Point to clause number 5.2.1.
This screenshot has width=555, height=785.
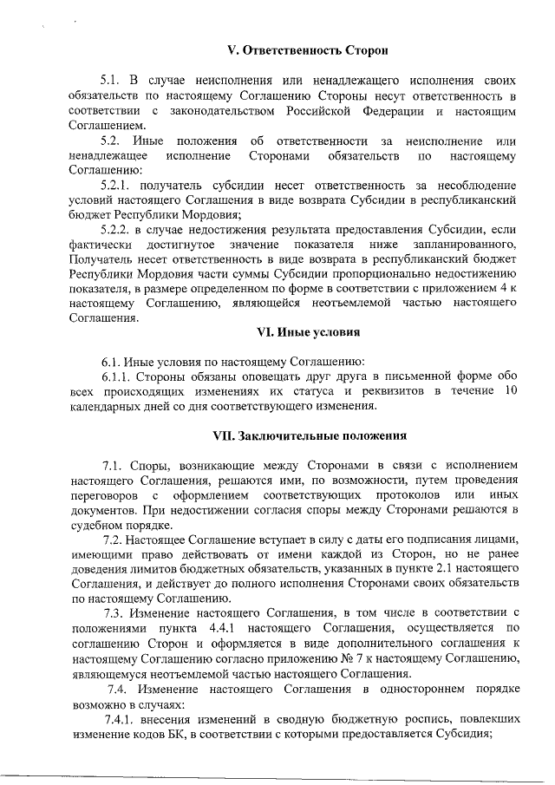(x=118, y=186)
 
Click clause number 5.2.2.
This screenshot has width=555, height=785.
(x=118, y=230)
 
